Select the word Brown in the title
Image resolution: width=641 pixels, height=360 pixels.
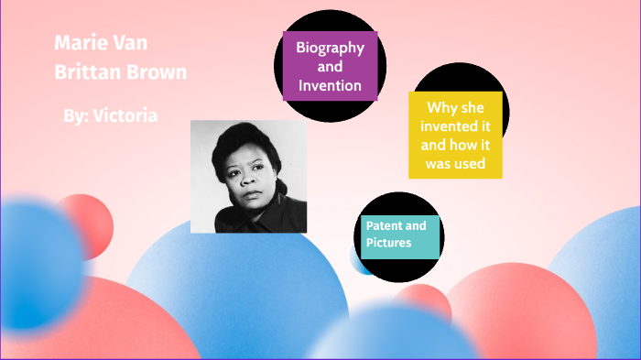pyautogui.click(x=156, y=71)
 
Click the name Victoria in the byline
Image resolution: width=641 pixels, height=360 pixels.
pyautogui.click(x=125, y=116)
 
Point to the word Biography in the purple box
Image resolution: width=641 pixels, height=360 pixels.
pyautogui.click(x=330, y=48)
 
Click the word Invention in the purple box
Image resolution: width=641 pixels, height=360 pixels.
pyautogui.click(x=330, y=86)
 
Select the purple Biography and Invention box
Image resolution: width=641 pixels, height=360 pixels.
pyautogui.click(x=330, y=66)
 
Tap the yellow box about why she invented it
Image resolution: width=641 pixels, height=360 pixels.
pyautogui.click(x=455, y=135)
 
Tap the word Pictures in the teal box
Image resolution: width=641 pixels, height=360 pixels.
pyautogui.click(x=389, y=244)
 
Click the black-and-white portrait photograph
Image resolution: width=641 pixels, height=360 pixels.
pyautogui.click(x=248, y=176)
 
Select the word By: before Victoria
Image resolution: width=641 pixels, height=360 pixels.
pyautogui.click(x=76, y=116)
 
